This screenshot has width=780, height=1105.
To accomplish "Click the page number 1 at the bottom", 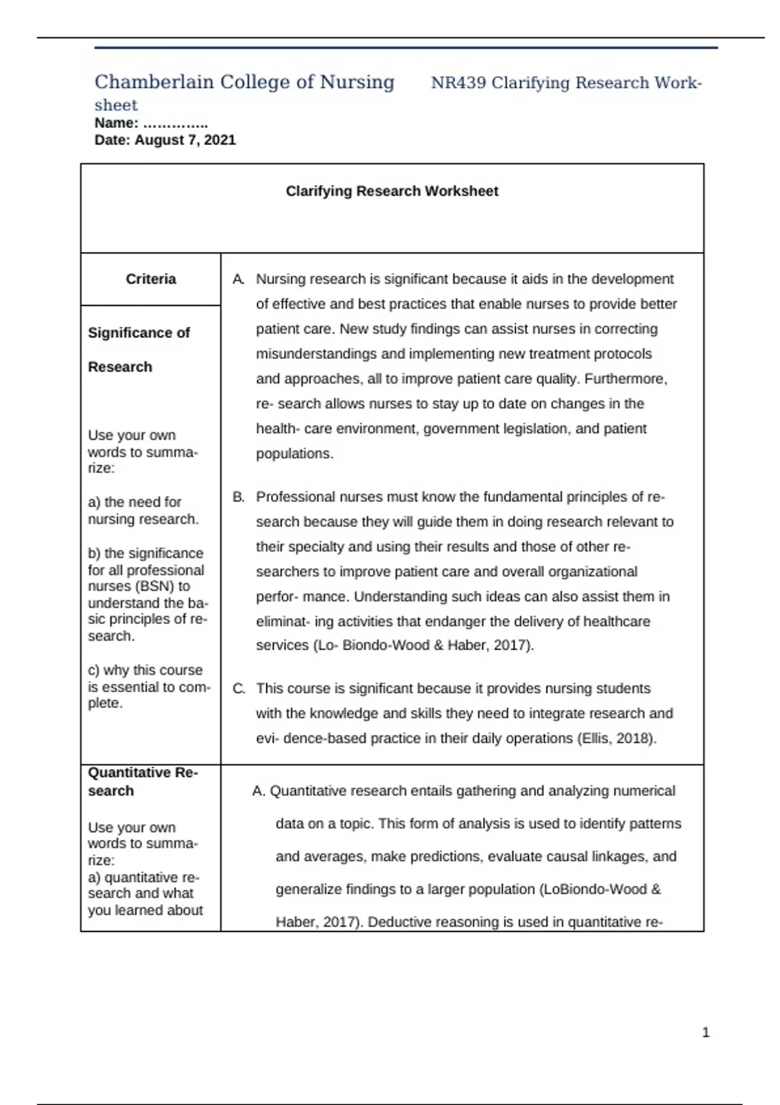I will [706, 1032].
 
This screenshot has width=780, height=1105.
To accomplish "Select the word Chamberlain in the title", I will [154, 82].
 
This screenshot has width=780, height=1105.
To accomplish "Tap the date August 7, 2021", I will [185, 140].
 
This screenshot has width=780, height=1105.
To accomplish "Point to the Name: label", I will [116, 123].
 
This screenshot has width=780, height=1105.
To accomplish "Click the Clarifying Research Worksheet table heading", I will [392, 191].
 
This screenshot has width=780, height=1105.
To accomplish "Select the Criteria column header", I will [151, 279].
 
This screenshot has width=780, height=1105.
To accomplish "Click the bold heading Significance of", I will [138, 333].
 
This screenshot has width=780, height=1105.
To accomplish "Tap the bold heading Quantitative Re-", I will [143, 773].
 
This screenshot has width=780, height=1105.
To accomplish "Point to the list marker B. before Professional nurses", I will [239, 497].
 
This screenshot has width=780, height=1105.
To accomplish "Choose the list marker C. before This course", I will [239, 689].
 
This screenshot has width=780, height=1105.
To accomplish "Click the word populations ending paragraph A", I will [294, 454].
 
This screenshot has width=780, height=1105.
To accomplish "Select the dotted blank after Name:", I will [175, 123].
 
